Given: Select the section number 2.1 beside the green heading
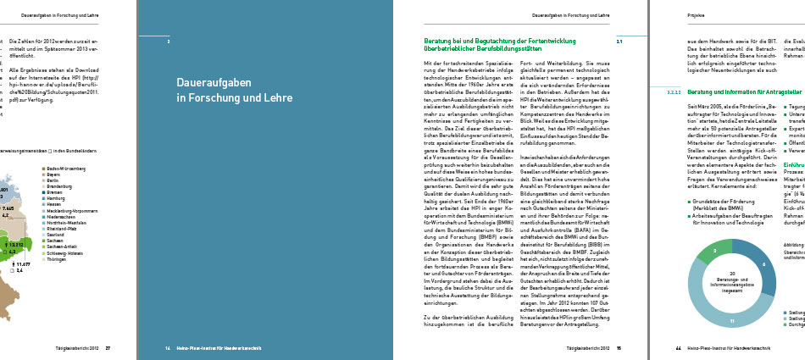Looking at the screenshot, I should (619, 40).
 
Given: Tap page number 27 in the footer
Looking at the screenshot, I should (108, 347).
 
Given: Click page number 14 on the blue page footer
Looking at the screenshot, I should (169, 347).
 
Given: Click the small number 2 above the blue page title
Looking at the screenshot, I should (169, 41).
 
